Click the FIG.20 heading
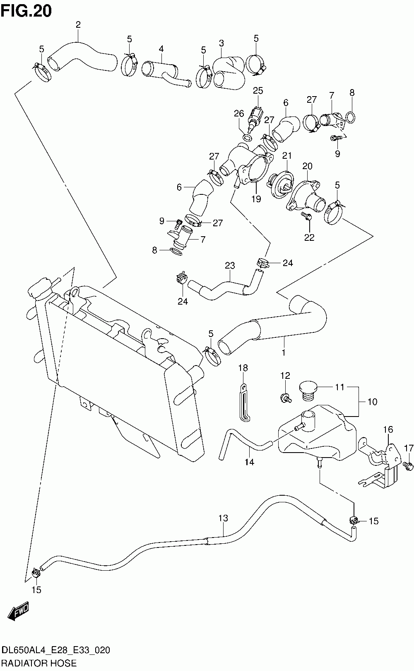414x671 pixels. click(x=26, y=11)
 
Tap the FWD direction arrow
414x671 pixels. click(x=19, y=610)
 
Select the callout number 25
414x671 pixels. click(x=258, y=91)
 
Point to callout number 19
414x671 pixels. click(x=256, y=199)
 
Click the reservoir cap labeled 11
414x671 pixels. click(x=308, y=391)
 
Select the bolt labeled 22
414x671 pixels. click(x=307, y=216)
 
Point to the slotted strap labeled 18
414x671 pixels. click(x=245, y=404)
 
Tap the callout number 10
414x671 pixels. click(x=372, y=402)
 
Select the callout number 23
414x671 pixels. click(x=230, y=265)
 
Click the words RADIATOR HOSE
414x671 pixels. click(x=39, y=663)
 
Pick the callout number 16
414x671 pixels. click(x=388, y=429)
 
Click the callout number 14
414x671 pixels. click(x=249, y=462)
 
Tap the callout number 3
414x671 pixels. click(x=221, y=43)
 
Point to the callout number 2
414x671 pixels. click(x=78, y=24)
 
